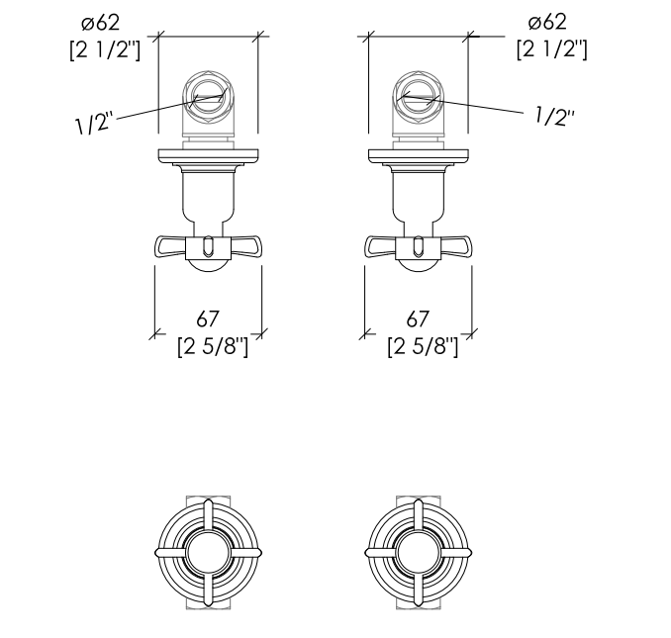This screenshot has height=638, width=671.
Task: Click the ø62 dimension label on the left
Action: point(101,22)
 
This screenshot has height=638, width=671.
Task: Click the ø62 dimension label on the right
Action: point(547,22)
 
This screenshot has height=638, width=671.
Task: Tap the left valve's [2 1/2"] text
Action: point(105,50)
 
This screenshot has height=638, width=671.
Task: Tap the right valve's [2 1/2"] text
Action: point(551,50)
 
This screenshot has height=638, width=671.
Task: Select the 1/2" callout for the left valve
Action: point(94,124)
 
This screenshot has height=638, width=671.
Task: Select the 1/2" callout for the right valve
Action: point(554,116)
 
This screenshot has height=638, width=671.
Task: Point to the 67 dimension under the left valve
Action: point(208,319)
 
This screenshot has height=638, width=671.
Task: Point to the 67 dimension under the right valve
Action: point(418,319)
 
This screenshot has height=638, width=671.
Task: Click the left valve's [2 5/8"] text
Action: point(213,346)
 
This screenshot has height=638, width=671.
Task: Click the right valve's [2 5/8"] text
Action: point(423,346)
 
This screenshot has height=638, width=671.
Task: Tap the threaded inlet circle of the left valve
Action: point(208,97)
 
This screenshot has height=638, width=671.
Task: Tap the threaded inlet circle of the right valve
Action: point(418,97)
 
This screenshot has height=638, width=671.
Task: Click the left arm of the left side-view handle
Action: point(170,246)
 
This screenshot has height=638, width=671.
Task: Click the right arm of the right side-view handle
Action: point(456,246)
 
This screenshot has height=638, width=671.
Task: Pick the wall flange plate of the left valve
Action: point(209,155)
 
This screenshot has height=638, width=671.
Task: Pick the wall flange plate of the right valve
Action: point(418,155)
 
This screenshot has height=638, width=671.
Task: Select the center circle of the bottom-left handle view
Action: point(208,553)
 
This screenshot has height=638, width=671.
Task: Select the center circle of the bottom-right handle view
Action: point(418,553)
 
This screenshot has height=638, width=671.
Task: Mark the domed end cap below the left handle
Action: point(208,265)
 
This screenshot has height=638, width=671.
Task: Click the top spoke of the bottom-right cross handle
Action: point(418,515)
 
